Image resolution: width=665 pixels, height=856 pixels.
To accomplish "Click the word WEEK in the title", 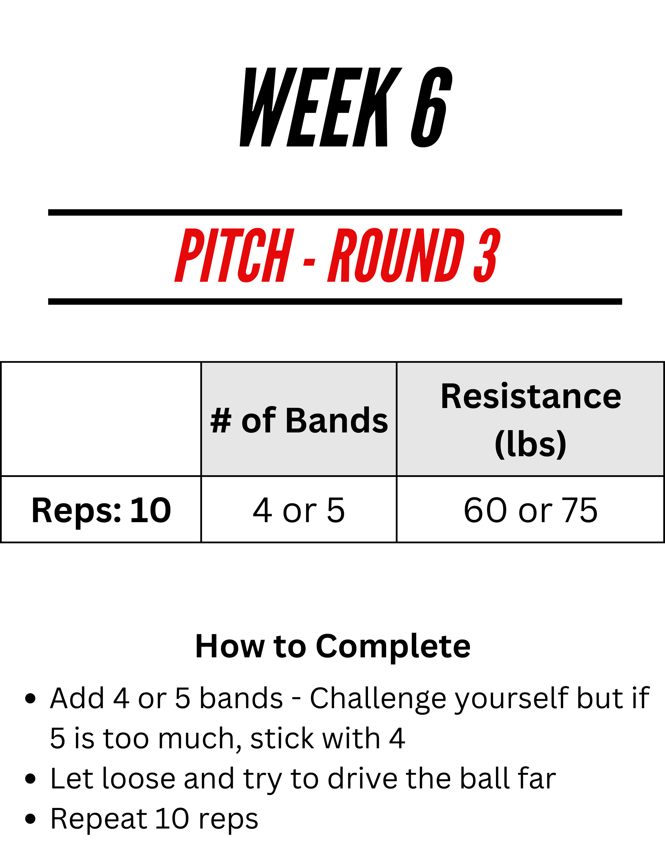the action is (321, 107).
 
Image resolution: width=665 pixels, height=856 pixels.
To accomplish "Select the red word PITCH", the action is (234, 255).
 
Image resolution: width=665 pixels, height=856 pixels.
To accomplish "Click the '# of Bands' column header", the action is (299, 420).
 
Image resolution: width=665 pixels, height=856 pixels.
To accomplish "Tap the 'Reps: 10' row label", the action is (101, 510).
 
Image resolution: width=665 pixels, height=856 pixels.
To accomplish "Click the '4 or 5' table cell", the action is (299, 510).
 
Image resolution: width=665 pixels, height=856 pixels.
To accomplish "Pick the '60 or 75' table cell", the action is (531, 510).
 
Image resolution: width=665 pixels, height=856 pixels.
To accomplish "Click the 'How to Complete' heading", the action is (332, 646).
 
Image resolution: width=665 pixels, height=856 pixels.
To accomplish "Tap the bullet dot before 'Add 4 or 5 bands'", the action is (30, 699).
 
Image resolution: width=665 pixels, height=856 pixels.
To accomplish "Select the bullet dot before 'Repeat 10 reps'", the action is (30, 819).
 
